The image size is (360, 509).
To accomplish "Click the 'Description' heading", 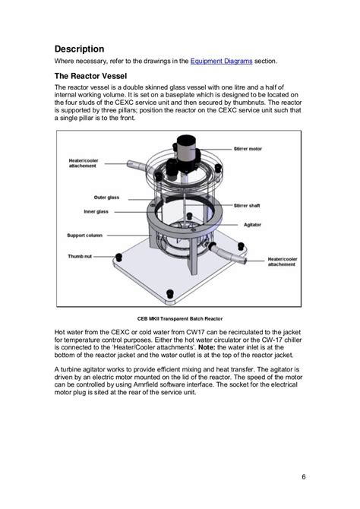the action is coord(79,49).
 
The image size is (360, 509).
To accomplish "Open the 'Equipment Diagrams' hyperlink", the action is coord(221,61).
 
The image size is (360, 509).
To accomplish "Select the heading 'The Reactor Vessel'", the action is coord(90,76).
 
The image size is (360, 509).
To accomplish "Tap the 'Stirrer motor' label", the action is coord(248,149).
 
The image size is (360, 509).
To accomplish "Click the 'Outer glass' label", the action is coord(106,198).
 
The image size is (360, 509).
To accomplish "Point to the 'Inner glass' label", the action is coord(96,212).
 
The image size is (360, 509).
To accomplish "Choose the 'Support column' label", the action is coord(85,236).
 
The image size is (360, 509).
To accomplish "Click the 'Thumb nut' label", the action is coord(80,257).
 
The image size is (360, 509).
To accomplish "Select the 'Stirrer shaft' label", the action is coord(247,205).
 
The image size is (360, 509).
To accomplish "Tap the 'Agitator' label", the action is coord(252,225).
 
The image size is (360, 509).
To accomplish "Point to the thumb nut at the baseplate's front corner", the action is coord(170,294).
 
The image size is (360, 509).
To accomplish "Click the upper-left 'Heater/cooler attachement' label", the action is coord(84,163).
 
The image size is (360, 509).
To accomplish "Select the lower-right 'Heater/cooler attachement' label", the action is coord(283,261).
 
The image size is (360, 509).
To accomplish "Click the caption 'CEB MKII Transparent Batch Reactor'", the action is coord(180,319).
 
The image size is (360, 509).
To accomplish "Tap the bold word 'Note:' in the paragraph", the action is coord(207,347).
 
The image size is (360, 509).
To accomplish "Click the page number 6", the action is coord(304,477).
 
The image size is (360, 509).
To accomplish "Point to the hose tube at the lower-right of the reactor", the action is coord(229,253).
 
